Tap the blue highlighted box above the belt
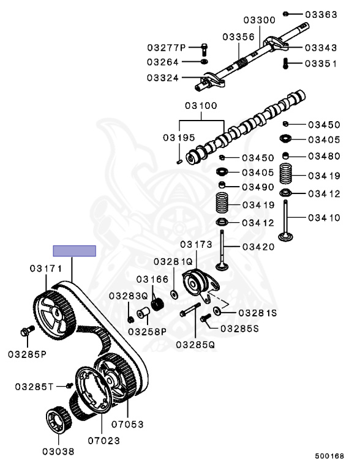click(74, 250)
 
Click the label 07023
click(103, 439)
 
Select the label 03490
click(258, 186)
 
